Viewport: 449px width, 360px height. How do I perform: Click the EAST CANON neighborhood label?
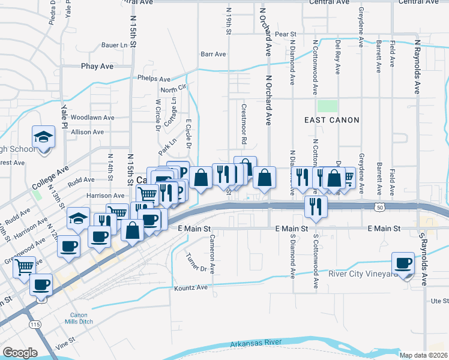coord(331,120)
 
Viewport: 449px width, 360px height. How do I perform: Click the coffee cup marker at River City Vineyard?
coord(403,263)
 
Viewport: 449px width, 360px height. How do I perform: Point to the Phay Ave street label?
coord(97,66)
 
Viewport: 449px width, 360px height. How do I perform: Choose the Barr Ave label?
coord(213,54)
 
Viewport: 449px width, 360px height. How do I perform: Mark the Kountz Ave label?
coord(192,288)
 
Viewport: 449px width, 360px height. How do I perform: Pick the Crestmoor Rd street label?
coord(244,124)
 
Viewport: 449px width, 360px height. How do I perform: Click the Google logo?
coord(20,353)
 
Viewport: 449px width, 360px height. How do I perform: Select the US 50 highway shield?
coord(379,206)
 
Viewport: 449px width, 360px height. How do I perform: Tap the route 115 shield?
coord(35,324)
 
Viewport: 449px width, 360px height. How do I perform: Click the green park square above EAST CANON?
coord(327,106)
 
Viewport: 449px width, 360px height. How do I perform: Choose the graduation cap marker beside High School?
coord(44,137)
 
